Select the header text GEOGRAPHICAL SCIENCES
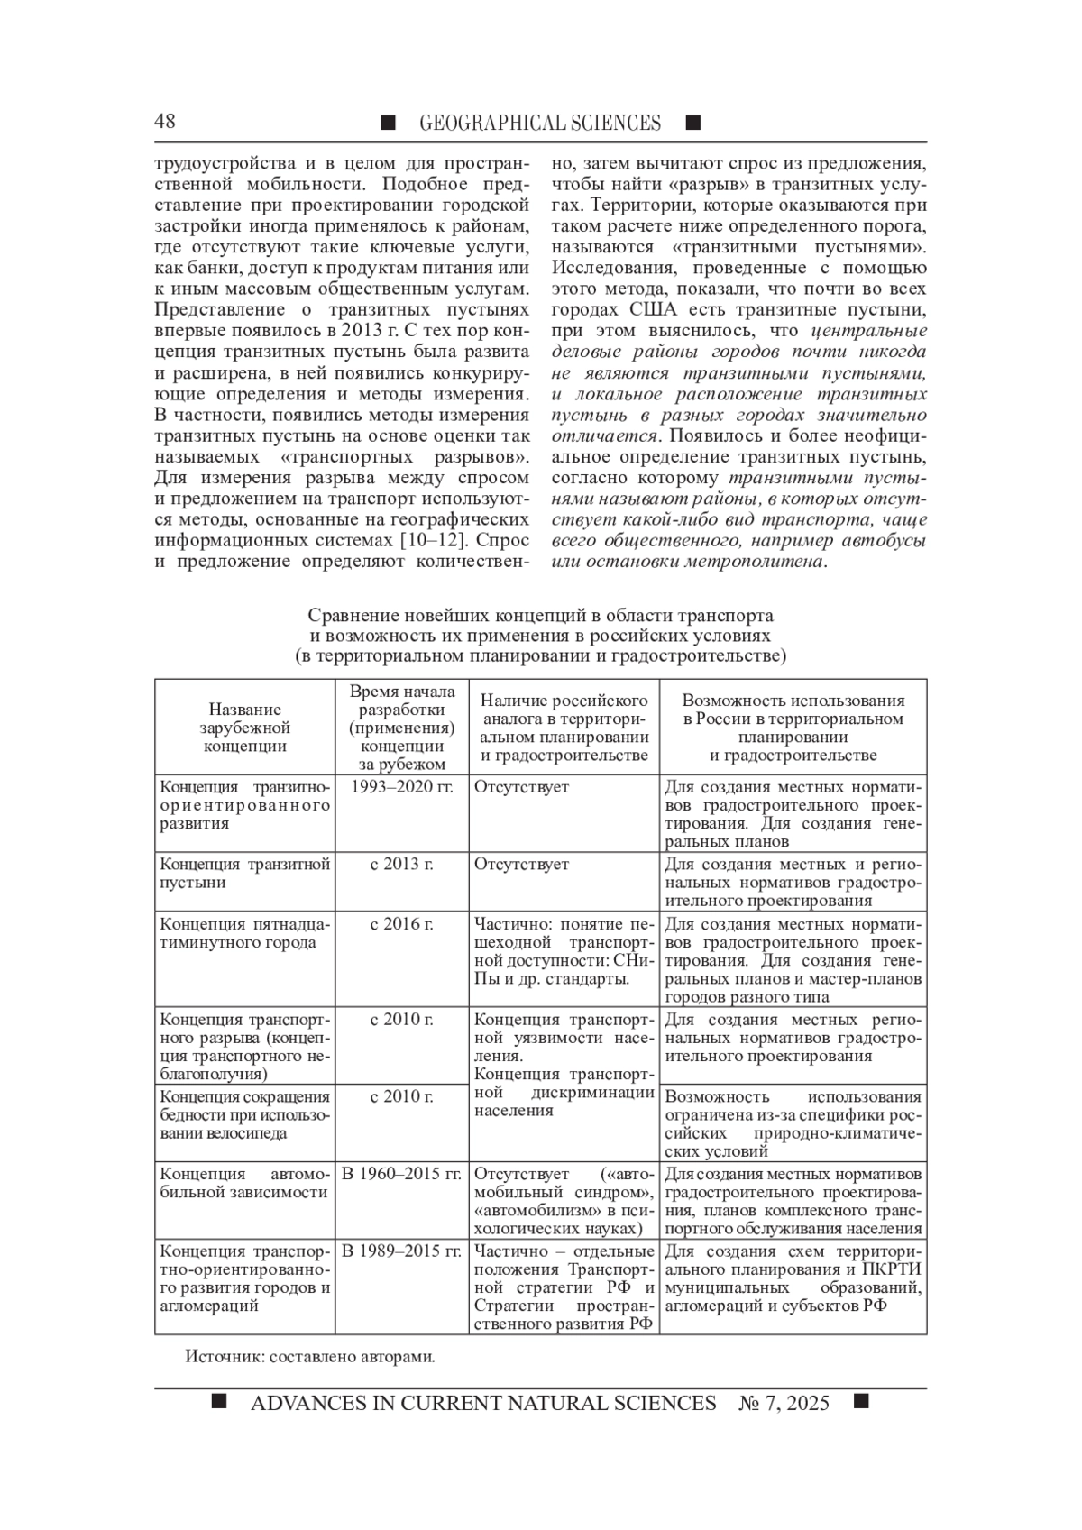[539, 124]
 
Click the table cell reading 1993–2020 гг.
[401, 787]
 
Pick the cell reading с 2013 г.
[401, 865]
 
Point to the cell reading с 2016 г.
[401, 924]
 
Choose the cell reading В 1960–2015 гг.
[401, 1174]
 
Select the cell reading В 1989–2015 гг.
[401, 1251]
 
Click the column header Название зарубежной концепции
[244, 728]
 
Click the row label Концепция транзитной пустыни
[244, 874]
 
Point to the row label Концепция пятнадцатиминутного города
[244, 933]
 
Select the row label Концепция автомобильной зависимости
[244, 1183]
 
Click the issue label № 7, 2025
[784, 1404]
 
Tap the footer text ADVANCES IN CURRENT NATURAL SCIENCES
[483, 1404]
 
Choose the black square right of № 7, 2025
[860, 1401]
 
